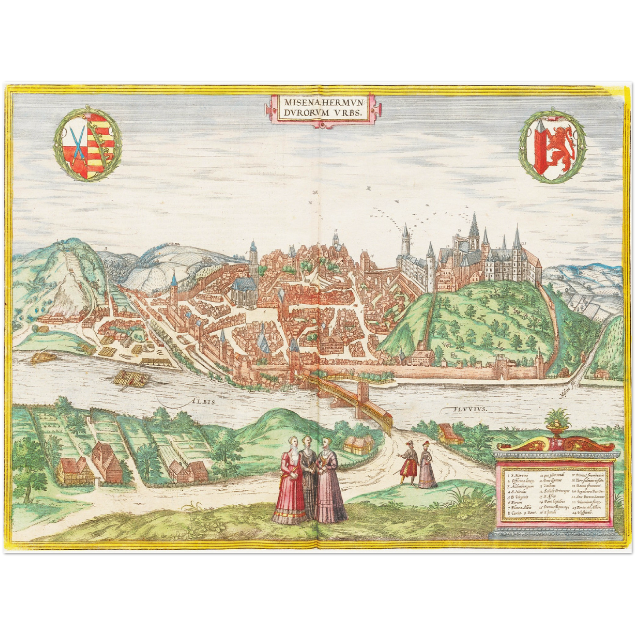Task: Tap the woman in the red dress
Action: pyautogui.click(x=289, y=482)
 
